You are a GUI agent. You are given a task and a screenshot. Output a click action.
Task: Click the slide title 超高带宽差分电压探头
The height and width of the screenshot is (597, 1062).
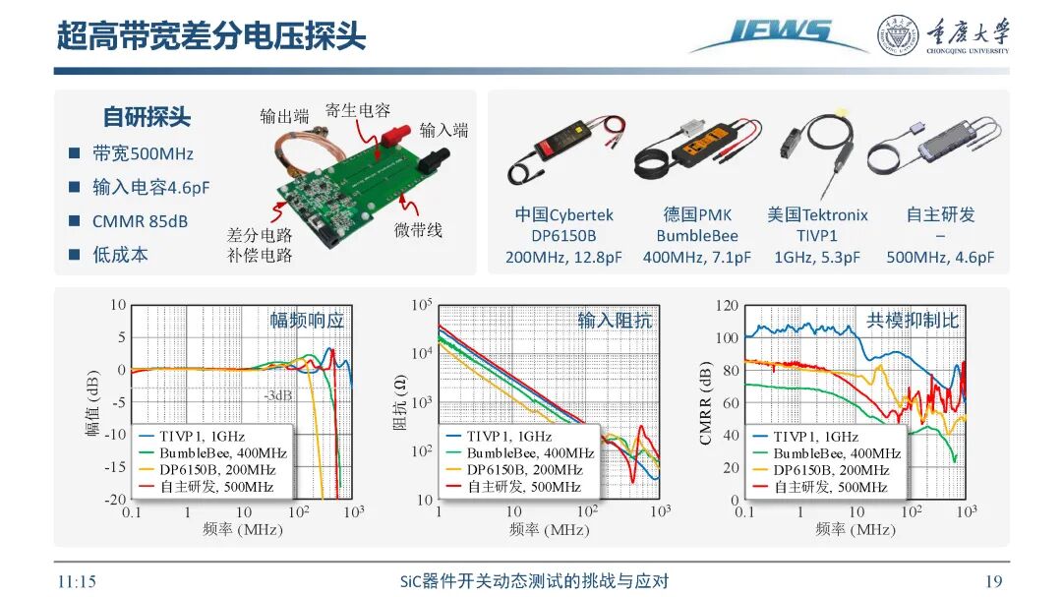tap(210, 36)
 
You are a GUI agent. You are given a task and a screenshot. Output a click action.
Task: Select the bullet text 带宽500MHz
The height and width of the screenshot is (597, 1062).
tap(143, 153)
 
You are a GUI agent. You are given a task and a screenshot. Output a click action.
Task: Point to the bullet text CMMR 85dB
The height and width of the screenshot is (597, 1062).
tap(140, 221)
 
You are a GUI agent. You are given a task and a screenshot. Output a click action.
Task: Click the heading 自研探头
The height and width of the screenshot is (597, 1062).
tap(147, 117)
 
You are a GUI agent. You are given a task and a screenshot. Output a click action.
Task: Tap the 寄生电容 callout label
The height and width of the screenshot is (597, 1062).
tap(358, 111)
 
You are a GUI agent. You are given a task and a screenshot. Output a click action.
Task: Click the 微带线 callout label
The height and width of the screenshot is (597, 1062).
tap(418, 230)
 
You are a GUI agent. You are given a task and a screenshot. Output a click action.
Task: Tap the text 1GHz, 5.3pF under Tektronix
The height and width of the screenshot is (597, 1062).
tap(816, 258)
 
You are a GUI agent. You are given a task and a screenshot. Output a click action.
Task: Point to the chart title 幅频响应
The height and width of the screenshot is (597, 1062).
tap(307, 320)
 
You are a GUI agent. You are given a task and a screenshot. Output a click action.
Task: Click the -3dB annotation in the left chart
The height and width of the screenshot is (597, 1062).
tap(277, 395)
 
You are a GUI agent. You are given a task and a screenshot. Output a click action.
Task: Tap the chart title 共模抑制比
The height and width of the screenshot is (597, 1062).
tap(912, 320)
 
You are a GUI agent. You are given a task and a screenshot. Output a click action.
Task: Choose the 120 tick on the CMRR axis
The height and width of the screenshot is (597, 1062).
tap(726, 306)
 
